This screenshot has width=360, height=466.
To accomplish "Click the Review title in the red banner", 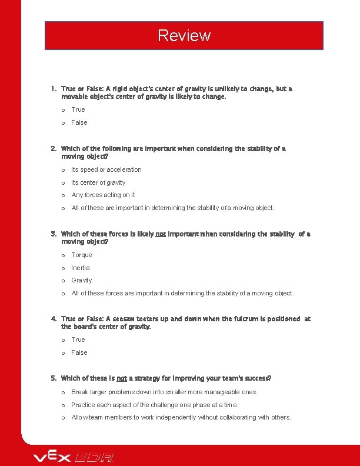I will tap(184, 36).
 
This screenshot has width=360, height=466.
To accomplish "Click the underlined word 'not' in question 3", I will tap(160, 234).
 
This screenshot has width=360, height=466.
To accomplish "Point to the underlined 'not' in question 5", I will tap(122, 378).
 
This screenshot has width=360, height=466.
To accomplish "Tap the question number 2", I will tap(54, 149).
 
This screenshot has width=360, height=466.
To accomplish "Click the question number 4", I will tap(54, 319).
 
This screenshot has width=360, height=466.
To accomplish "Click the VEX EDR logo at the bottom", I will tap(73, 457).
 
